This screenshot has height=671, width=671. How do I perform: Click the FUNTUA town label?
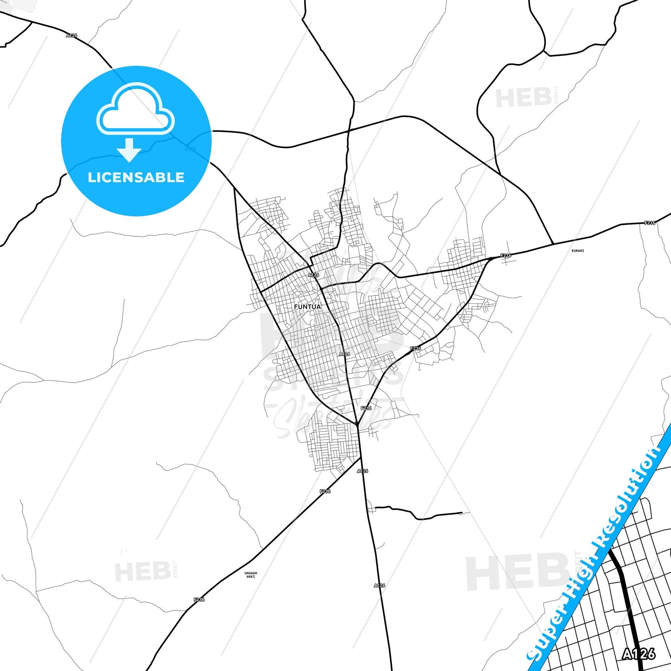(x=307, y=307)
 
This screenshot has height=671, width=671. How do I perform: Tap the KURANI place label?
(x=578, y=251)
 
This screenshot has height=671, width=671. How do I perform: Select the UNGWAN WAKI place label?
(x=250, y=575)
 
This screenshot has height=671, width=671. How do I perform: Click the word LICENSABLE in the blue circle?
(x=136, y=177)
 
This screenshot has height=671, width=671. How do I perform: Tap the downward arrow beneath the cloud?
(x=129, y=150)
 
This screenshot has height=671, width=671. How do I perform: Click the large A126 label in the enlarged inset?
(x=638, y=654)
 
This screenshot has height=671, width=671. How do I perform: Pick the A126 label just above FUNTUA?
(x=313, y=275)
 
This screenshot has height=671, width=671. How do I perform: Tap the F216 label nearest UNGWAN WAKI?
(x=199, y=599)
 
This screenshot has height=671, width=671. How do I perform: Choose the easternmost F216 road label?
(x=650, y=223)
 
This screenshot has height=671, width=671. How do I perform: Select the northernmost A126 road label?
(x=72, y=35)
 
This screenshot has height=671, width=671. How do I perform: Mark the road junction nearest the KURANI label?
(x=553, y=244)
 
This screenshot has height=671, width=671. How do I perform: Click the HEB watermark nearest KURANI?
(x=523, y=98)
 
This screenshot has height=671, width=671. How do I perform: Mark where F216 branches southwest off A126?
(x=361, y=458)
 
